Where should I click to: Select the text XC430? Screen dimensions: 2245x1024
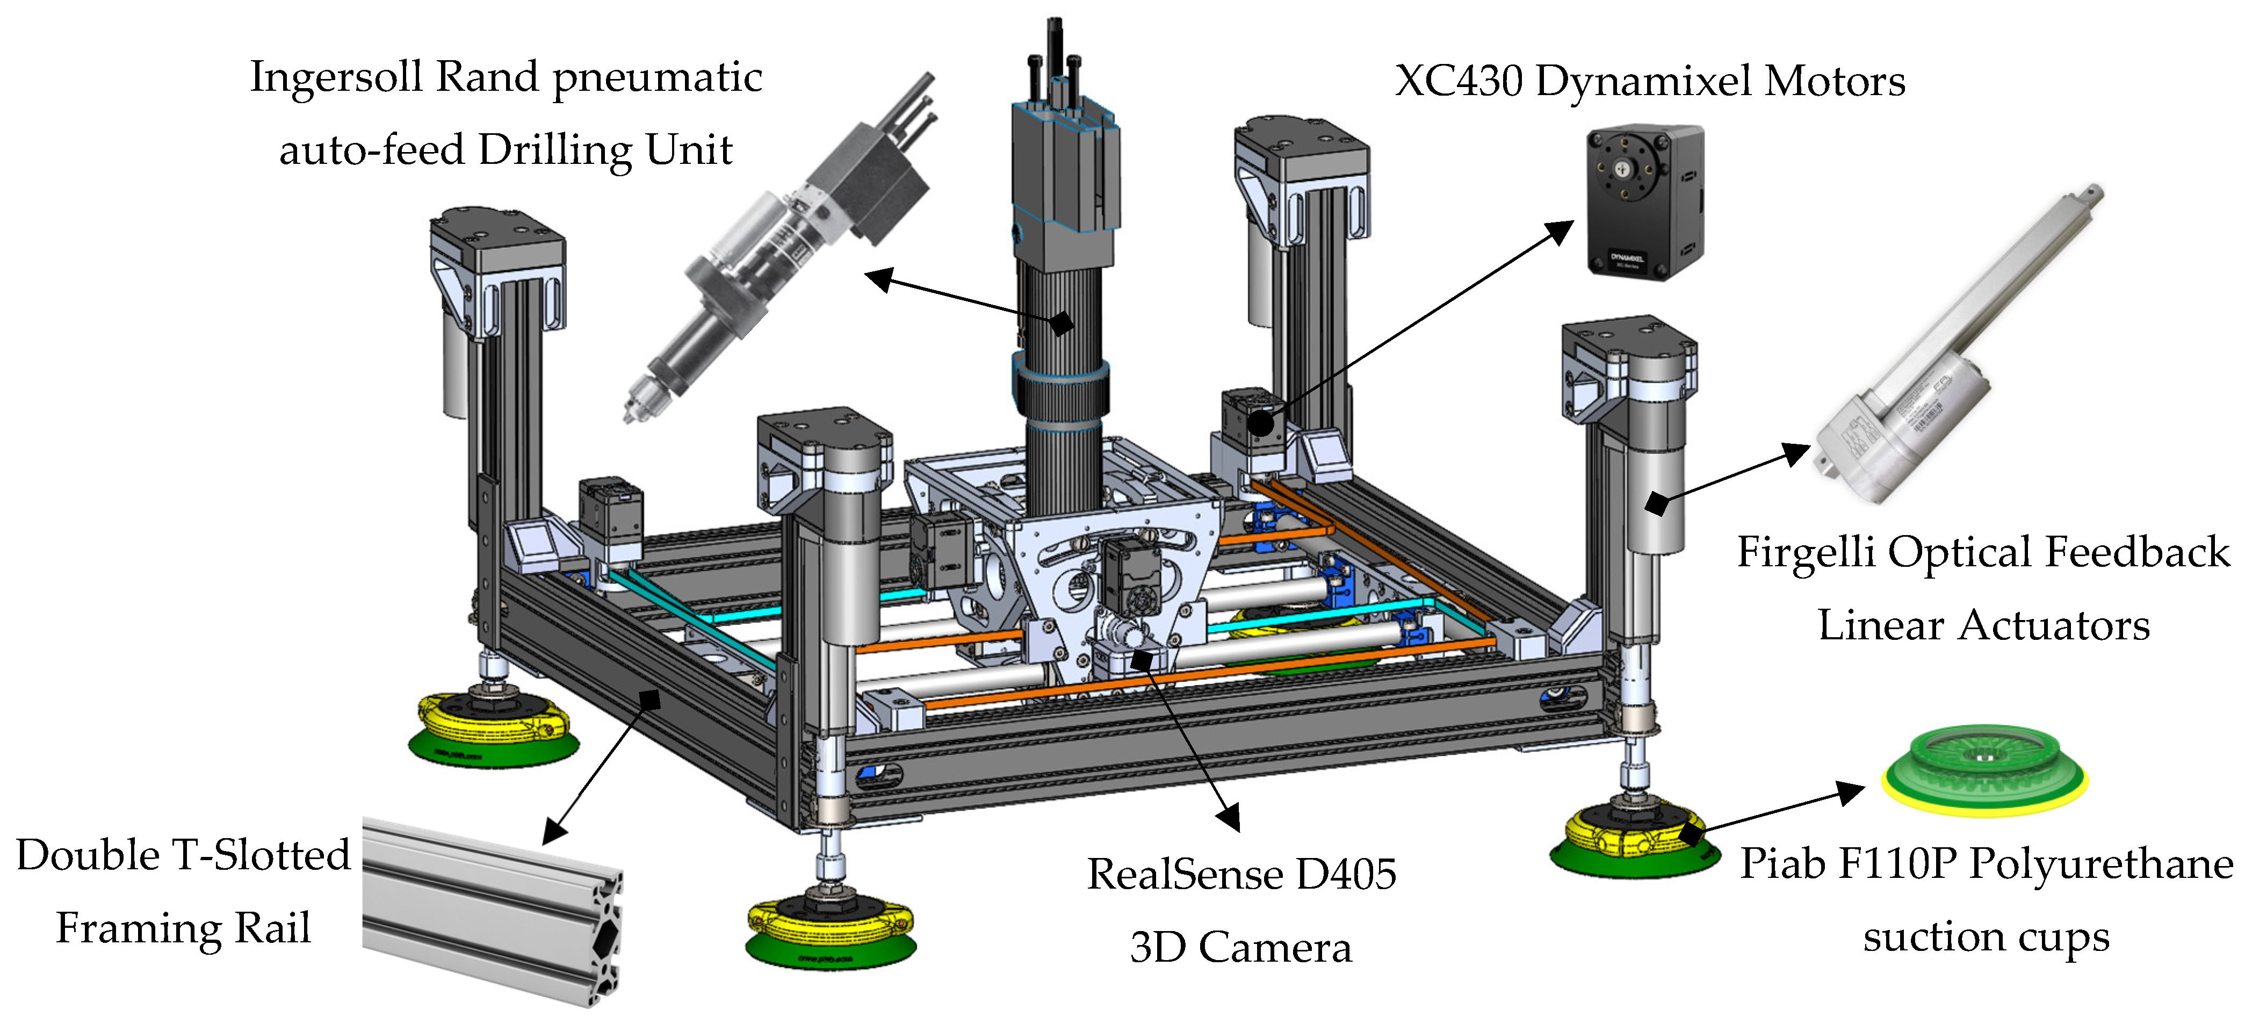coord(1459,81)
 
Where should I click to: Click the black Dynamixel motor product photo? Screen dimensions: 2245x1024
coord(1644,200)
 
